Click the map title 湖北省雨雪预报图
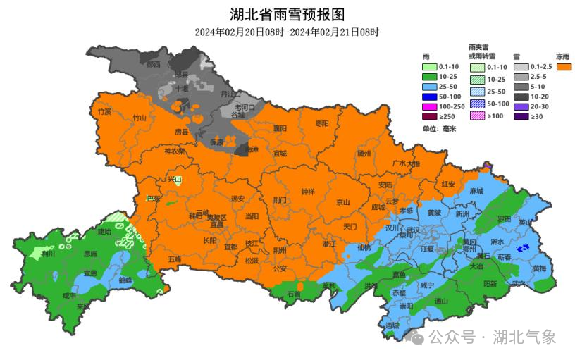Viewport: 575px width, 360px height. click(287, 14)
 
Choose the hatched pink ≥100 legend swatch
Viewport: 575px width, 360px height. click(476, 116)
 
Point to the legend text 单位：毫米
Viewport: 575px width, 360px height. click(440, 129)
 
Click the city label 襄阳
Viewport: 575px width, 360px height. click(280, 128)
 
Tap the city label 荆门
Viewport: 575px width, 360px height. click(280, 200)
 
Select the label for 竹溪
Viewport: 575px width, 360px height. click(105, 111)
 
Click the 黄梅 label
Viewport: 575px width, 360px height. click(539, 268)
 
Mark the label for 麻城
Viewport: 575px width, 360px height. click(476, 191)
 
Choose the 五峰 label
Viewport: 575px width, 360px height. click(174, 259)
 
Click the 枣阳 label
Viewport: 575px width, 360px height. click(321, 123)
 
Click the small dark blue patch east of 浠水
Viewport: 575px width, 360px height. click(522, 249)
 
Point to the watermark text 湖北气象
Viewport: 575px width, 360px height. click(524, 337)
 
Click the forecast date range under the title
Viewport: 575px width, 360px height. click(287, 32)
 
